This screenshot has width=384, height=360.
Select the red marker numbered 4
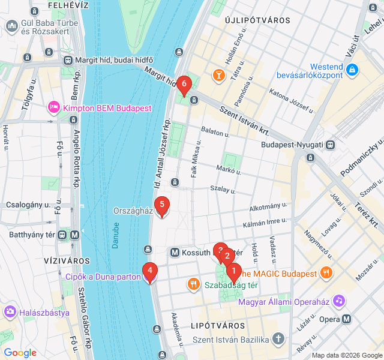(149, 271)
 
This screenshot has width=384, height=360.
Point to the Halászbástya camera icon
(10, 312)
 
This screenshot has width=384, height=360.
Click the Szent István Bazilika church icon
(278, 340)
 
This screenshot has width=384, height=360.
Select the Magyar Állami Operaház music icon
(339, 300)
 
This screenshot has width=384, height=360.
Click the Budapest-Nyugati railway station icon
(331, 145)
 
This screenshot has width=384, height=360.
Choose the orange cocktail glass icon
(218, 75)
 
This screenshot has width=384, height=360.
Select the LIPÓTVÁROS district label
(217, 325)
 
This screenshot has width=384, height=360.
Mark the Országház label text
(132, 211)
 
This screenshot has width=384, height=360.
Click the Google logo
(20, 353)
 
